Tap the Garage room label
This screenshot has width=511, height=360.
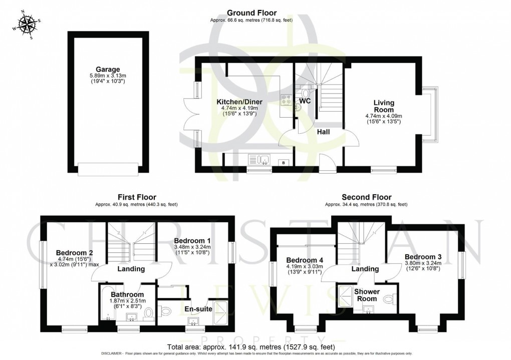(108, 69)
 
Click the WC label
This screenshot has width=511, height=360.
(305, 101)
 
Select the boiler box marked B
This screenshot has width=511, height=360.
(285, 163)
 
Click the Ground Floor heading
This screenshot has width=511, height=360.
(251, 13)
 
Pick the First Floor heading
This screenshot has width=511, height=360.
(137, 197)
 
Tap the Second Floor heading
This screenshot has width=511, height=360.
(366, 197)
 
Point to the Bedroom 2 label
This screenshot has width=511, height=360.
(75, 252)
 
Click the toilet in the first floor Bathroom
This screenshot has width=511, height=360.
(148, 313)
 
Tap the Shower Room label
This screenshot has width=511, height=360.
(367, 295)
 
